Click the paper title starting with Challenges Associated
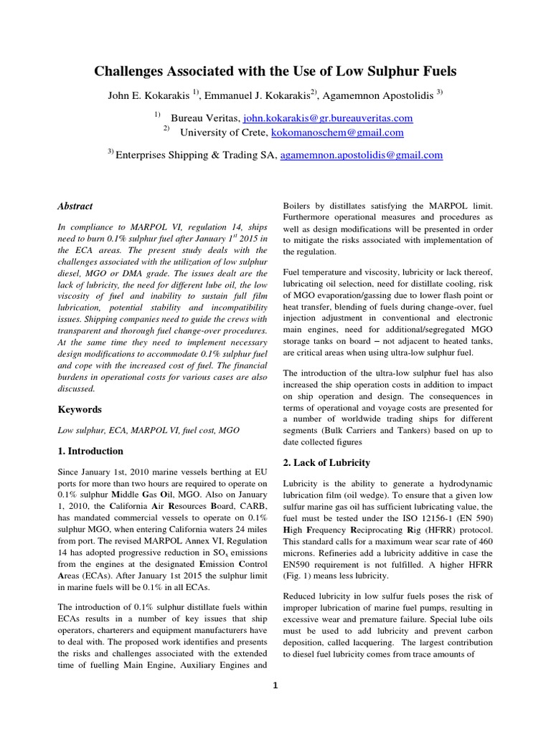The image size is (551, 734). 275,72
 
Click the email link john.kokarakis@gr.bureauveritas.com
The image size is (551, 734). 328,118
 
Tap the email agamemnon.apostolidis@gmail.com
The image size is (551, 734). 361,154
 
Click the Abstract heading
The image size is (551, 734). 75,206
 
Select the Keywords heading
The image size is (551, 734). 80,409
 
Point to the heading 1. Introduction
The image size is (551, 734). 90,451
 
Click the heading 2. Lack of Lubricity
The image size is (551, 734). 326,462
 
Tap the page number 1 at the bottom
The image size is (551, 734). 275,685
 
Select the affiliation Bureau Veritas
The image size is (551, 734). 204,118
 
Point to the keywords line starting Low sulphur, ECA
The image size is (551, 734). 149,430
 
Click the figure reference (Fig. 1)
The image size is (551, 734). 301,576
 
